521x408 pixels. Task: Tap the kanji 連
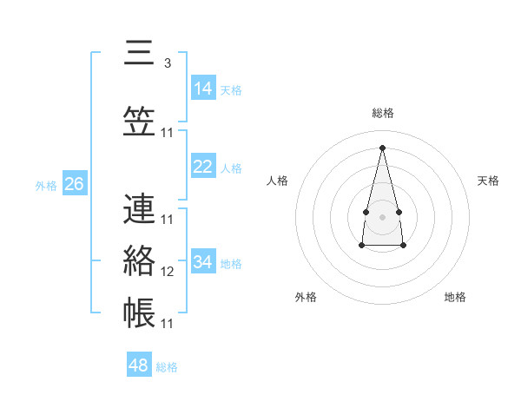(139, 208)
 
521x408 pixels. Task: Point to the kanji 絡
(139, 260)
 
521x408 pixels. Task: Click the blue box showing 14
(203, 89)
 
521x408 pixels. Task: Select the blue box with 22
(203, 167)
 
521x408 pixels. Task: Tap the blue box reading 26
(74, 184)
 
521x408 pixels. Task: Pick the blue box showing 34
(203, 262)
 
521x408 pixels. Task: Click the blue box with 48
(139, 365)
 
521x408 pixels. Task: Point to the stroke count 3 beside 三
(167, 63)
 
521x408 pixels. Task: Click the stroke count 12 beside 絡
(168, 272)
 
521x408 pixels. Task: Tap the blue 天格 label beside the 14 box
(231, 89)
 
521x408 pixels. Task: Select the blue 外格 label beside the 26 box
(46, 185)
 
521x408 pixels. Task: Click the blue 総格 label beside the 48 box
(167, 367)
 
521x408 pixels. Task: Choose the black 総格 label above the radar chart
(383, 113)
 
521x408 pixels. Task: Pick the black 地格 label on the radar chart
(455, 297)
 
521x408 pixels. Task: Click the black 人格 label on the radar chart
(278, 181)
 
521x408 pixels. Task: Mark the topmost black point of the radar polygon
(383, 147)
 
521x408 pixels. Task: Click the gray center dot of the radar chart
(383, 216)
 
